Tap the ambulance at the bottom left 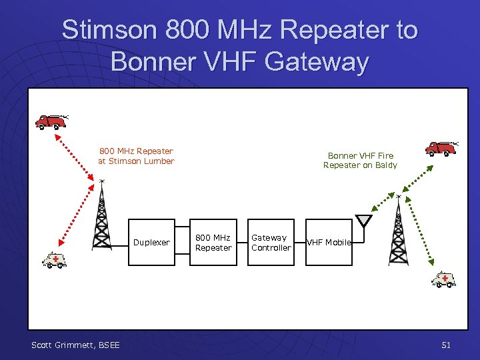[55, 259]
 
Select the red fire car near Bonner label [441, 147]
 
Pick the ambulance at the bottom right [443, 279]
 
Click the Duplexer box [151, 243]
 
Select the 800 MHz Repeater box [213, 243]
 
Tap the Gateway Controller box [271, 243]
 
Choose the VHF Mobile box [328, 243]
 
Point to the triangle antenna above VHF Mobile [363, 221]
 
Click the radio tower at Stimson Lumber [101, 217]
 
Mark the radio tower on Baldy [398, 230]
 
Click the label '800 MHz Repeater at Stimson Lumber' [136, 156]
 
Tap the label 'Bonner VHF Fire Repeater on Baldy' [360, 160]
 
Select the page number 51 [446, 345]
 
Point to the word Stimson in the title [107, 30]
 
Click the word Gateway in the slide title [316, 61]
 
